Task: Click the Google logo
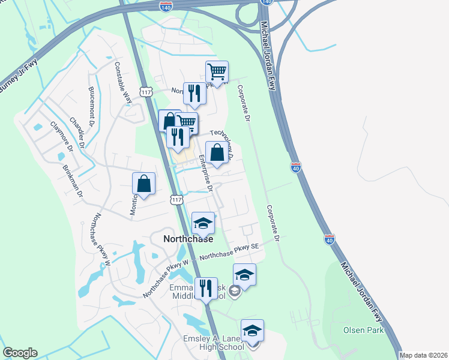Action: click(x=20, y=353)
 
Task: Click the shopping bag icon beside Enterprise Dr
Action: click(x=217, y=153)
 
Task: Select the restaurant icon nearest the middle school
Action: click(x=206, y=289)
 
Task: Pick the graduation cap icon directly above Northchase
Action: click(x=203, y=224)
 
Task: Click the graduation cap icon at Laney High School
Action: click(x=252, y=331)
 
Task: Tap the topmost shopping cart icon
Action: click(x=217, y=73)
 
